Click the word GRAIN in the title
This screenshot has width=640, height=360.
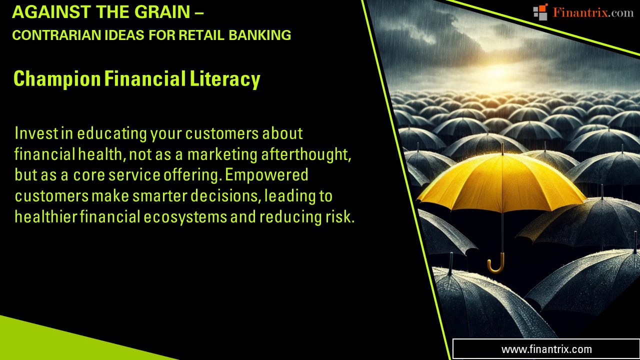(x=162, y=12)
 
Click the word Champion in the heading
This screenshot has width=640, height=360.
(x=57, y=79)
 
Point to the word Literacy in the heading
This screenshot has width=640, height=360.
(x=225, y=79)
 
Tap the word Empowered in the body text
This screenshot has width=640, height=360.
(x=266, y=175)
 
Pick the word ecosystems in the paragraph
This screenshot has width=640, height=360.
(x=185, y=217)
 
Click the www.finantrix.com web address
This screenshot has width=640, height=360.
(x=546, y=349)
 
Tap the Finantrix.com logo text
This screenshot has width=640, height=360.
(x=593, y=12)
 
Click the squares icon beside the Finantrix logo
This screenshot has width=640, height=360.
(x=540, y=12)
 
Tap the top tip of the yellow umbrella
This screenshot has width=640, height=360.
(x=502, y=143)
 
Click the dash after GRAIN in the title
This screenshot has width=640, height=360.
(x=199, y=13)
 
